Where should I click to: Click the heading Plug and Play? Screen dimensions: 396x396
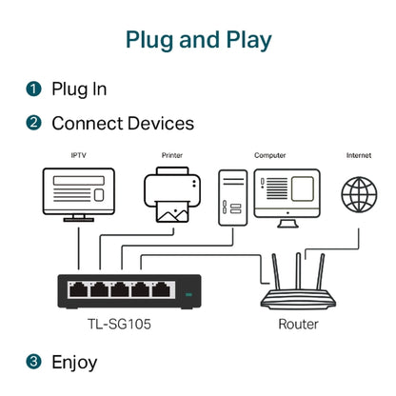click(x=198, y=40)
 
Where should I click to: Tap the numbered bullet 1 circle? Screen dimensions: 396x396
click(x=34, y=89)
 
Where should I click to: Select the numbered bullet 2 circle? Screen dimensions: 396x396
click(x=34, y=123)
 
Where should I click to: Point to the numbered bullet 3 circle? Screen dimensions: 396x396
click(x=34, y=362)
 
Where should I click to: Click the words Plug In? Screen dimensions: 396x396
click(x=79, y=89)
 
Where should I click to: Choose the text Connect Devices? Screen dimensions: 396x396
click(x=123, y=123)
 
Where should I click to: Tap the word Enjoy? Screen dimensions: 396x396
click(x=74, y=362)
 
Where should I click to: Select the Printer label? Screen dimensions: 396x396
click(x=173, y=154)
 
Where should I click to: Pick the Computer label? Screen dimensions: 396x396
click(x=269, y=154)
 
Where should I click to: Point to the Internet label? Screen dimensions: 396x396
click(x=359, y=154)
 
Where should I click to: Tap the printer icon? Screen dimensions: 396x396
click(x=173, y=195)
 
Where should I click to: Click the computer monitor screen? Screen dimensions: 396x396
click(x=284, y=189)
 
